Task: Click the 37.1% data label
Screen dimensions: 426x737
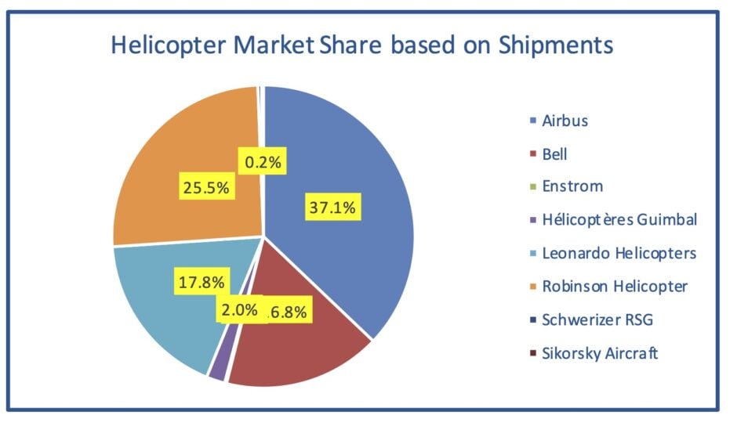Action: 331,208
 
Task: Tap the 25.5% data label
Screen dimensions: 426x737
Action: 205,189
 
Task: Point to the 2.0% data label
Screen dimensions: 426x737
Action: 238,309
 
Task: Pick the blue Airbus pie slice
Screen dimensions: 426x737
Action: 353,157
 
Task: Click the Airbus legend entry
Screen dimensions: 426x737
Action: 565,121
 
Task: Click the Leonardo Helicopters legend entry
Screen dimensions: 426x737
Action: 618,253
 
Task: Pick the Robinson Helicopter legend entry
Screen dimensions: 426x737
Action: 614,286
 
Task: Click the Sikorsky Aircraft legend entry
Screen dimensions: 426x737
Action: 599,352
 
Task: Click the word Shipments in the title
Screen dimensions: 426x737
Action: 555,44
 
